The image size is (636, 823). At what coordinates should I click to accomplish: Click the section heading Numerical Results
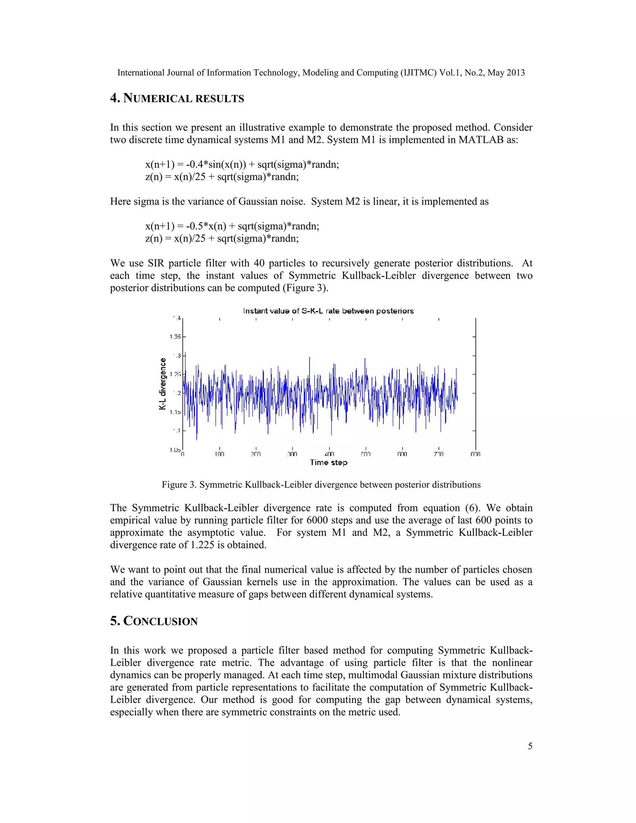(177, 98)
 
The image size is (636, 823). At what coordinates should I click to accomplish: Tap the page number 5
(530, 746)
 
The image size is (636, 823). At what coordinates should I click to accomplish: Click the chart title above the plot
(328, 311)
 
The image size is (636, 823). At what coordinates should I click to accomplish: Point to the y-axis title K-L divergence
(163, 384)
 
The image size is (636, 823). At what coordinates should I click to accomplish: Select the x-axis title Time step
(329, 462)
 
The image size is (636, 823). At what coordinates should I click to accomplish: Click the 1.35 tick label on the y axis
(175, 337)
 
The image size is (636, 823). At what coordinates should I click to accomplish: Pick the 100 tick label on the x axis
(219, 454)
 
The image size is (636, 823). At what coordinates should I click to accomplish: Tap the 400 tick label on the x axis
(329, 454)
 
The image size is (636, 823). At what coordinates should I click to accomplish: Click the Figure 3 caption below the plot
(321, 484)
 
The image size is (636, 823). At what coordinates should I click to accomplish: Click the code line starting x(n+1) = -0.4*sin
(242, 164)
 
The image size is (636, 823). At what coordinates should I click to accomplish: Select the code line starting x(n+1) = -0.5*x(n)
(232, 226)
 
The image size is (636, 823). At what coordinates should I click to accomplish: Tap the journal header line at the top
(321, 73)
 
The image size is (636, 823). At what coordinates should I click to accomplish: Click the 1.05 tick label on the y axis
(175, 450)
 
